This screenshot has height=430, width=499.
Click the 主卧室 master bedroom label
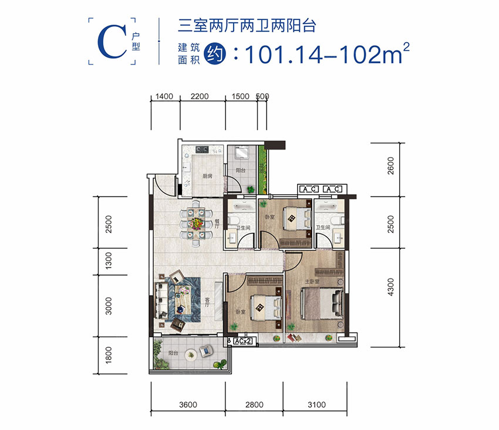pyautogui.click(x=312, y=282)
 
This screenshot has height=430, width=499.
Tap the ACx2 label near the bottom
pyautogui.click(x=242, y=340)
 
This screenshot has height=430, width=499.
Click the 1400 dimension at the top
pyautogui.click(x=164, y=97)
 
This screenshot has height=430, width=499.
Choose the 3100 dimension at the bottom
pyautogui.click(x=316, y=404)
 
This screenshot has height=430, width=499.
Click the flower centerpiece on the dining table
pyautogui.click(x=195, y=224)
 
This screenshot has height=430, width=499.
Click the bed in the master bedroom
pyautogui.click(x=322, y=304)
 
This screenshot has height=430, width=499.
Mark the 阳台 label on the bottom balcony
pyautogui.click(x=173, y=353)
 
